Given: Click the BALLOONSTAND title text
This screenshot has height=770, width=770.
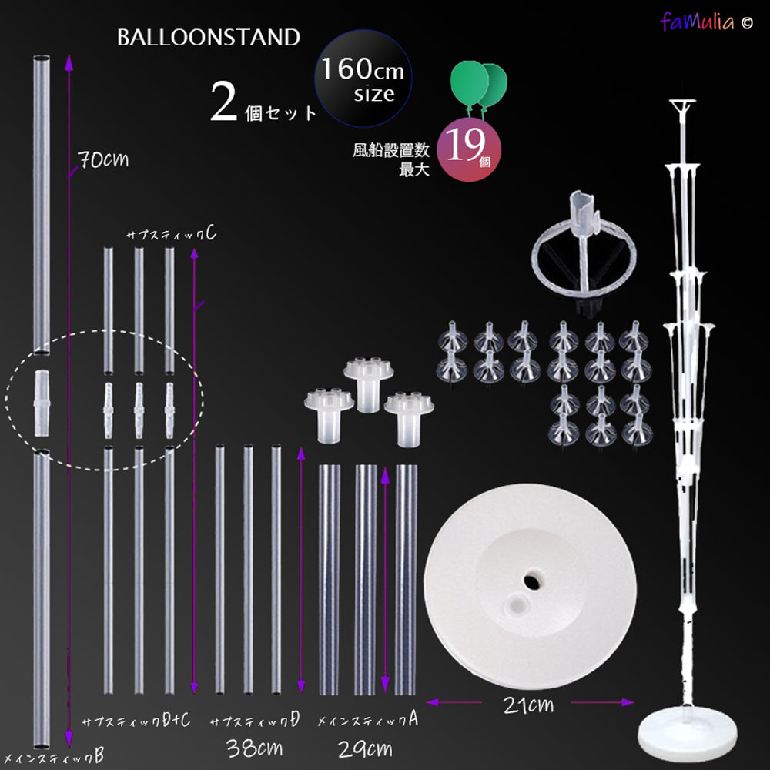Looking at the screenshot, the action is pos(208,37).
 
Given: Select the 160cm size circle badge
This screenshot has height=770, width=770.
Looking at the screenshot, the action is pos(363,79).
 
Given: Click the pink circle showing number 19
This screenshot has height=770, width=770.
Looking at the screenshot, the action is pos(468,149).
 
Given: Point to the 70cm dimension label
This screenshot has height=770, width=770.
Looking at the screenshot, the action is pos(103,159).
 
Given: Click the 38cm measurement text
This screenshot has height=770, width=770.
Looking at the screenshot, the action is pos(254,748).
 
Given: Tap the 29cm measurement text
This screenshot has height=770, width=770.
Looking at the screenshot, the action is pos(365,749).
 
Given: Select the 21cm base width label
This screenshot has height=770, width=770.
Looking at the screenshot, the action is pos(528,705).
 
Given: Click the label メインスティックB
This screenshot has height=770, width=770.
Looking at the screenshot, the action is pos(52,756).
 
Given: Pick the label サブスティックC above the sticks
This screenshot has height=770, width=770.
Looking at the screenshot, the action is pos(171,234).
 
